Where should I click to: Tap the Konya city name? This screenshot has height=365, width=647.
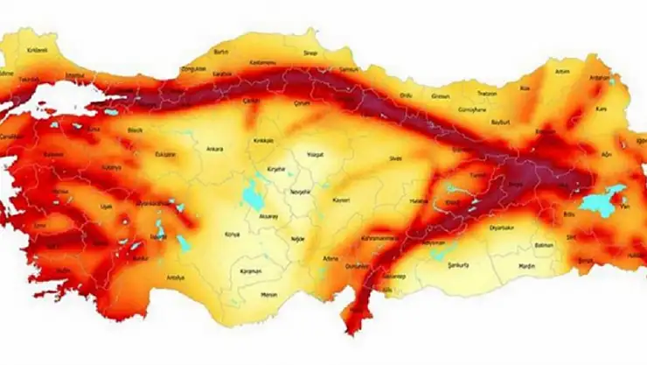[233, 235]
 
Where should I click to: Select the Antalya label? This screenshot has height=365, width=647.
[176, 277]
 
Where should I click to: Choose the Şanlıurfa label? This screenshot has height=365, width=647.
[458, 263]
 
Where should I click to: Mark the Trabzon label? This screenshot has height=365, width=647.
[487, 94]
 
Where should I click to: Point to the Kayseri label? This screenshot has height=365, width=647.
[340, 200]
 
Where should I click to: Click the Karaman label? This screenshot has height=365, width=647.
[251, 272]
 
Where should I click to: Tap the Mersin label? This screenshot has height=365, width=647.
[269, 295]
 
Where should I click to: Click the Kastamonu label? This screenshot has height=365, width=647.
[263, 61]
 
